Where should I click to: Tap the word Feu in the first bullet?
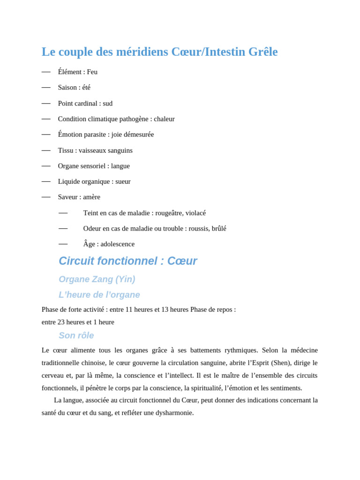(92, 72)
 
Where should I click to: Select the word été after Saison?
(86, 87)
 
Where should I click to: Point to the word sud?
(108, 103)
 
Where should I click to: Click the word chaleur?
(164, 119)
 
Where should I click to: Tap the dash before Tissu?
(46, 150)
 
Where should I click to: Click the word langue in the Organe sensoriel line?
(120, 166)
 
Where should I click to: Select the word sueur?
(123, 181)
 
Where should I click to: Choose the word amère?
(92, 197)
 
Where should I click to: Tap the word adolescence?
(118, 244)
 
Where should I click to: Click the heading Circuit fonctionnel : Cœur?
(127, 261)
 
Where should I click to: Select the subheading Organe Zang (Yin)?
(97, 279)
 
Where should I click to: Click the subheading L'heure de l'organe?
(99, 295)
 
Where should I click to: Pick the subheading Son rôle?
(76, 336)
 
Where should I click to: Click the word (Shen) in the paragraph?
(280, 363)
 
